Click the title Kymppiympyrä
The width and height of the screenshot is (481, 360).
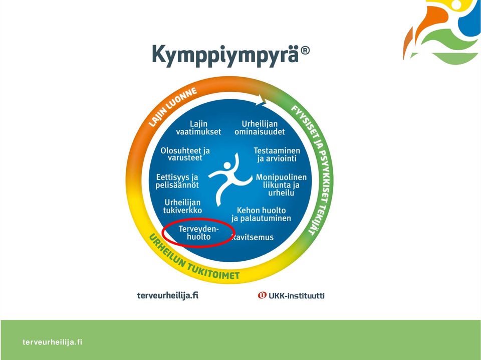pyautogui.click(x=225, y=55)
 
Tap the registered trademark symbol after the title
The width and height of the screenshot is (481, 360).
pyautogui.click(x=305, y=51)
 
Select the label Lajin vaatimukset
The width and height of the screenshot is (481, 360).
pyautogui.click(x=198, y=128)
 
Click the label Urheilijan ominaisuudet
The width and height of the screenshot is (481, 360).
pyautogui.click(x=260, y=128)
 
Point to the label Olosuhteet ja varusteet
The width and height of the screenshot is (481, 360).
pyautogui.click(x=185, y=154)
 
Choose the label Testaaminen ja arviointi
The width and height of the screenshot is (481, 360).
pyautogui.click(x=277, y=154)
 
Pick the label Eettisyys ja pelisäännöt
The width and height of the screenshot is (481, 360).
pyautogui.click(x=177, y=181)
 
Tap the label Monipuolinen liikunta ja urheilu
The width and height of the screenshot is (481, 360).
pyautogui.click(x=281, y=185)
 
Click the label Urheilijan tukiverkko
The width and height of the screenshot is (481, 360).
pyautogui.click(x=182, y=206)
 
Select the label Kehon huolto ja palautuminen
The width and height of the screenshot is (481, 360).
pyautogui.click(x=261, y=214)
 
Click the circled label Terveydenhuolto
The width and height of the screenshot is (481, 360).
pyautogui.click(x=198, y=233)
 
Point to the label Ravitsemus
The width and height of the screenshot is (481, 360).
pyautogui.click(x=252, y=237)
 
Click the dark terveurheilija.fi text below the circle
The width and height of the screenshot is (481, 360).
pyautogui.click(x=167, y=295)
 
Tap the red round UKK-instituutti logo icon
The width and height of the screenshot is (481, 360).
pyautogui.click(x=262, y=295)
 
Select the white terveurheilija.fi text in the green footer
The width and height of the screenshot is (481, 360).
pyautogui.click(x=53, y=342)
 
